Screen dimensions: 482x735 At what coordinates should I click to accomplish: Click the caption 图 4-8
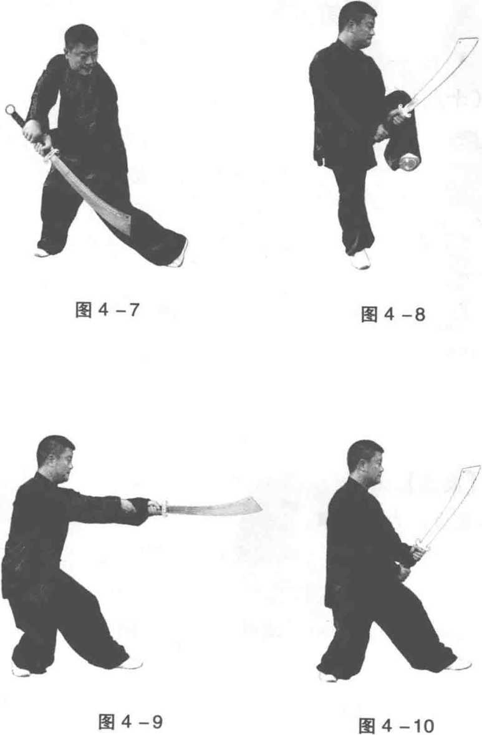[x=393, y=314]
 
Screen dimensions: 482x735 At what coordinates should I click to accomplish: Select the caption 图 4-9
[x=131, y=721]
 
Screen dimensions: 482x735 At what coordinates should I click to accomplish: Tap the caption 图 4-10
[x=396, y=726]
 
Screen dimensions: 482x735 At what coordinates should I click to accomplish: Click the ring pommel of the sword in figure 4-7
[x=11, y=110]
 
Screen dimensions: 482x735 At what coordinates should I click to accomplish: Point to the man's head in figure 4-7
[x=82, y=49]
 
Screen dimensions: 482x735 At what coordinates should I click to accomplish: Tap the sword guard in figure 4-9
[x=164, y=509]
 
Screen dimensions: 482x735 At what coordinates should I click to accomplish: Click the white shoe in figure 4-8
[x=360, y=259]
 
